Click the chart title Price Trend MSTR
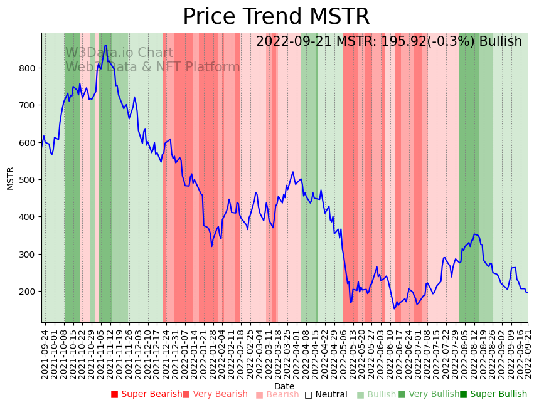[276, 17]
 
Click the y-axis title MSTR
[10, 178]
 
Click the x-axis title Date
[284, 386]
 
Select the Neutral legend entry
[326, 394]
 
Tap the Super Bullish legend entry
[493, 394]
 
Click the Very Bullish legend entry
[429, 394]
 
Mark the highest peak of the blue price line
[105, 45]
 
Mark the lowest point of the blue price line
[394, 308]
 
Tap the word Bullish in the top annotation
[500, 41]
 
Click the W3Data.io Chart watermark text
[119, 53]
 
